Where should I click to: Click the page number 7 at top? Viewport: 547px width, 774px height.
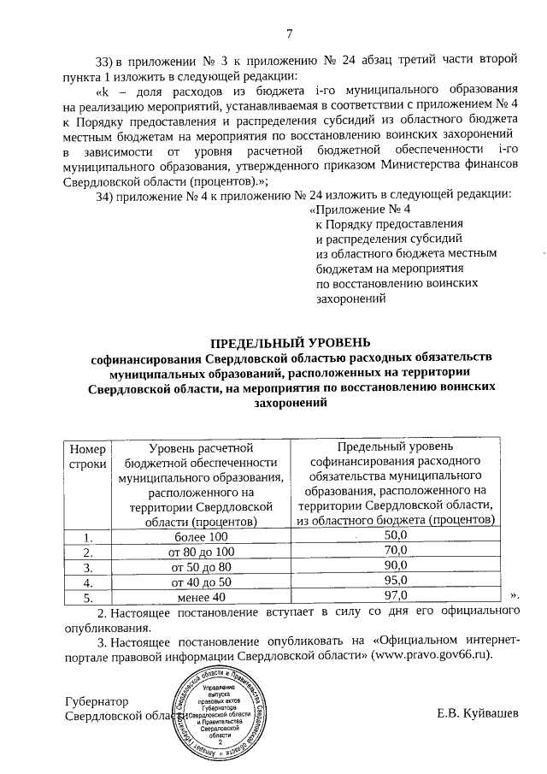coord(289,34)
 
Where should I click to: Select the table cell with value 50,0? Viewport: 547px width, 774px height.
coord(397,535)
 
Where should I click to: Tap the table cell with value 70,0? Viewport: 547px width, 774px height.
coord(397,550)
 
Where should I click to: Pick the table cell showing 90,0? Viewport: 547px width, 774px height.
coord(397,565)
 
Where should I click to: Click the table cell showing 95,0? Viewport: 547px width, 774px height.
coord(397,581)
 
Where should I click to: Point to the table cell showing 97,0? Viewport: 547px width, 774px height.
coord(397,595)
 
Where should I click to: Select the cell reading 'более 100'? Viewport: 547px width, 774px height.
coord(201,536)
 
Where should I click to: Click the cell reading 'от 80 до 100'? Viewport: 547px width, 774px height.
coord(201,552)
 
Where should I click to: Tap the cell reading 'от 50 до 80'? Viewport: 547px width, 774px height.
coord(201,567)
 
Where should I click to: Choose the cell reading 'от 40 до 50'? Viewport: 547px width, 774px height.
coord(201,582)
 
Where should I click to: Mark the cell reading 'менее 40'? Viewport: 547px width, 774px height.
coord(201,597)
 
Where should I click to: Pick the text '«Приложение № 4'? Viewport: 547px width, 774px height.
coord(360,208)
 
